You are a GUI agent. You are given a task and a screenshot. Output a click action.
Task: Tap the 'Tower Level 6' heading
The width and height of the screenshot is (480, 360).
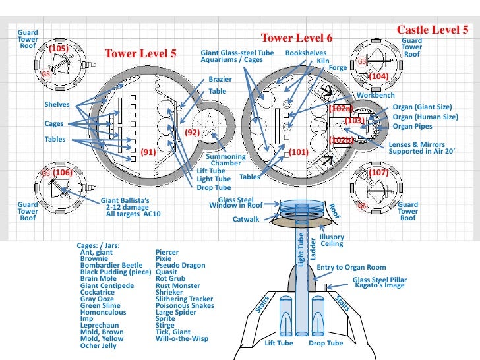[x=297, y=38]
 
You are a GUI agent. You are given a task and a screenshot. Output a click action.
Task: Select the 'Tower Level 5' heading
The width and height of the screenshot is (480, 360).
[x=140, y=53]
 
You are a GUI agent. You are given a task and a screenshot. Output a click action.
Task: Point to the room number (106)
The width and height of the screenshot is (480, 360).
[x=63, y=172]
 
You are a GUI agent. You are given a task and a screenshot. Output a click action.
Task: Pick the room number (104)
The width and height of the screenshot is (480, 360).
[x=378, y=76]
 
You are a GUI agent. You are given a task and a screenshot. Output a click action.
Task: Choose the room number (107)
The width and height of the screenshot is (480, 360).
[x=378, y=172]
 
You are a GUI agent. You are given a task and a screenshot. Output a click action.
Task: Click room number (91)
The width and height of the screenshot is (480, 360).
[x=148, y=152]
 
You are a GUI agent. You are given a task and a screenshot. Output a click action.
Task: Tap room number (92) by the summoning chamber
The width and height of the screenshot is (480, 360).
[x=192, y=133]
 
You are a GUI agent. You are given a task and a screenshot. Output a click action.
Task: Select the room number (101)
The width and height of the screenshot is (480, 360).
[x=299, y=152]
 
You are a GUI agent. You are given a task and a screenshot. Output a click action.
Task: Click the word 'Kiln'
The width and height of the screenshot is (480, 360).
[x=323, y=60]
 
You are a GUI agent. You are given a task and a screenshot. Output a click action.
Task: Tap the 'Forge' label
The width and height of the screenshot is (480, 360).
[x=337, y=67]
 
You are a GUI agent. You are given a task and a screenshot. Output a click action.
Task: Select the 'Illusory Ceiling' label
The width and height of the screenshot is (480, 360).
[x=331, y=241]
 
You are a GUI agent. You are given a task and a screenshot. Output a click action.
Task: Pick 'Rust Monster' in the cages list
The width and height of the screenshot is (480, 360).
[x=178, y=285]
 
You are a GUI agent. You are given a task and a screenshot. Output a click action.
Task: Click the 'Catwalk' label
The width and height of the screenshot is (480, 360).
[x=246, y=218]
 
